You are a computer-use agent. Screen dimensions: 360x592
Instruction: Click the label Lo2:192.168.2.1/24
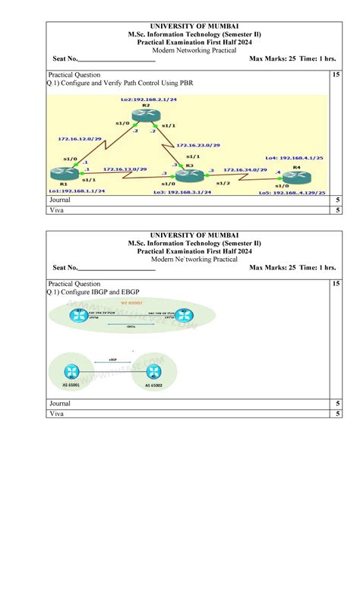tap(149, 99)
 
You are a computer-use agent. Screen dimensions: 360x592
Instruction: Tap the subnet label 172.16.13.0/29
tap(125, 169)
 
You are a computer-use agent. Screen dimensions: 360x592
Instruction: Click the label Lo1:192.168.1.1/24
tap(77, 191)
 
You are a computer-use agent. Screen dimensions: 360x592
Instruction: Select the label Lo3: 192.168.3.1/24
tap(182, 192)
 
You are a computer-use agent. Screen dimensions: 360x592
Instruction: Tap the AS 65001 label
tap(71, 386)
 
